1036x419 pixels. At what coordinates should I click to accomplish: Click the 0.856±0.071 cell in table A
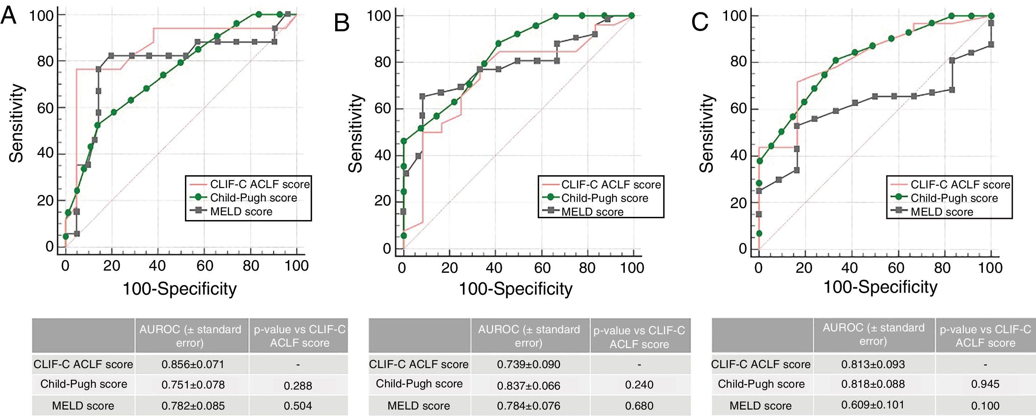[192, 364]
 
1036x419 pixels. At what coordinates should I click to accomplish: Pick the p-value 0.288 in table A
[298, 386]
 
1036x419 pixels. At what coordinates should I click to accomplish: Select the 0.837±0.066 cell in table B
[528, 386]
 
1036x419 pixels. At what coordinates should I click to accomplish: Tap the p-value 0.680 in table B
[639, 406]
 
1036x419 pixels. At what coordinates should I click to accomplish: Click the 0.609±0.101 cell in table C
[873, 404]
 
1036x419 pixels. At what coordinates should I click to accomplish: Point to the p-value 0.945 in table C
[985, 384]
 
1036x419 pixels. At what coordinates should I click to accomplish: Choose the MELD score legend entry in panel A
[241, 212]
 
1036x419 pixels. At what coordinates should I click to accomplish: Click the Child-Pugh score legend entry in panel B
[604, 198]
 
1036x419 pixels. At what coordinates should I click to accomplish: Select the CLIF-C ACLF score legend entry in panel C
[960, 184]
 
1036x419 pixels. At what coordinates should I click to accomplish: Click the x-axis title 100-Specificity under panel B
[515, 289]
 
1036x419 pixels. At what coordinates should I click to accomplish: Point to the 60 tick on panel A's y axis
[45, 108]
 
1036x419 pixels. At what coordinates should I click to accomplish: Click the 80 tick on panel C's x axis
[942, 268]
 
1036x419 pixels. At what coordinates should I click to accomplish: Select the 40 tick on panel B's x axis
[494, 268]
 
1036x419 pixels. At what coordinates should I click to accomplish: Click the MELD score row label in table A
[83, 406]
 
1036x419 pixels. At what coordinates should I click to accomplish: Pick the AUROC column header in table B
[528, 336]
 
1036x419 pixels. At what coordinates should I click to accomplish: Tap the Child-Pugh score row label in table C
[761, 384]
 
